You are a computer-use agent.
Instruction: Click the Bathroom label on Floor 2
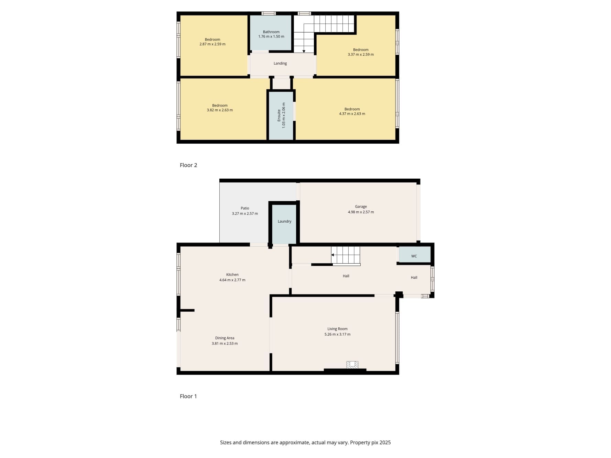(x=271, y=32)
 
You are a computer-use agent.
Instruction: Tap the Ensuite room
(x=281, y=115)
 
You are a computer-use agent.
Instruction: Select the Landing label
(x=280, y=64)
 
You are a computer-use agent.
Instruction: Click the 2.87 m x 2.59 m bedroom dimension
(x=212, y=44)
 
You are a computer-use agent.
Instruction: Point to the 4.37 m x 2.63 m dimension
(x=352, y=114)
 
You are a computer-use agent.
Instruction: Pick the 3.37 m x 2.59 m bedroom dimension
(x=361, y=55)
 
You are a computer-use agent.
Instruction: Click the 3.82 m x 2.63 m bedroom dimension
(x=220, y=110)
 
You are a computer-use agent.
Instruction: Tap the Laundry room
(x=284, y=222)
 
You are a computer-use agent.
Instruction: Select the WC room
(x=414, y=256)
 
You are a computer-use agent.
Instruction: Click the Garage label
(x=361, y=207)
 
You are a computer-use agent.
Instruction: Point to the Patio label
(x=245, y=208)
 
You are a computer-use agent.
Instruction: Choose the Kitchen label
(x=232, y=275)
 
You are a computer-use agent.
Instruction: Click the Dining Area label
(x=225, y=338)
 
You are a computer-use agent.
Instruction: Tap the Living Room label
(x=337, y=329)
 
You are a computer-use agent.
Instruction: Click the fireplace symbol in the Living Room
(x=352, y=365)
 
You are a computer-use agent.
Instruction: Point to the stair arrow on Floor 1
(x=333, y=255)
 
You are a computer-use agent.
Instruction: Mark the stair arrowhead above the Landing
(x=304, y=52)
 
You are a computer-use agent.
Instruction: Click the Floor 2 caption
(x=188, y=165)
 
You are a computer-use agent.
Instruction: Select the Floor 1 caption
(x=188, y=396)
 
